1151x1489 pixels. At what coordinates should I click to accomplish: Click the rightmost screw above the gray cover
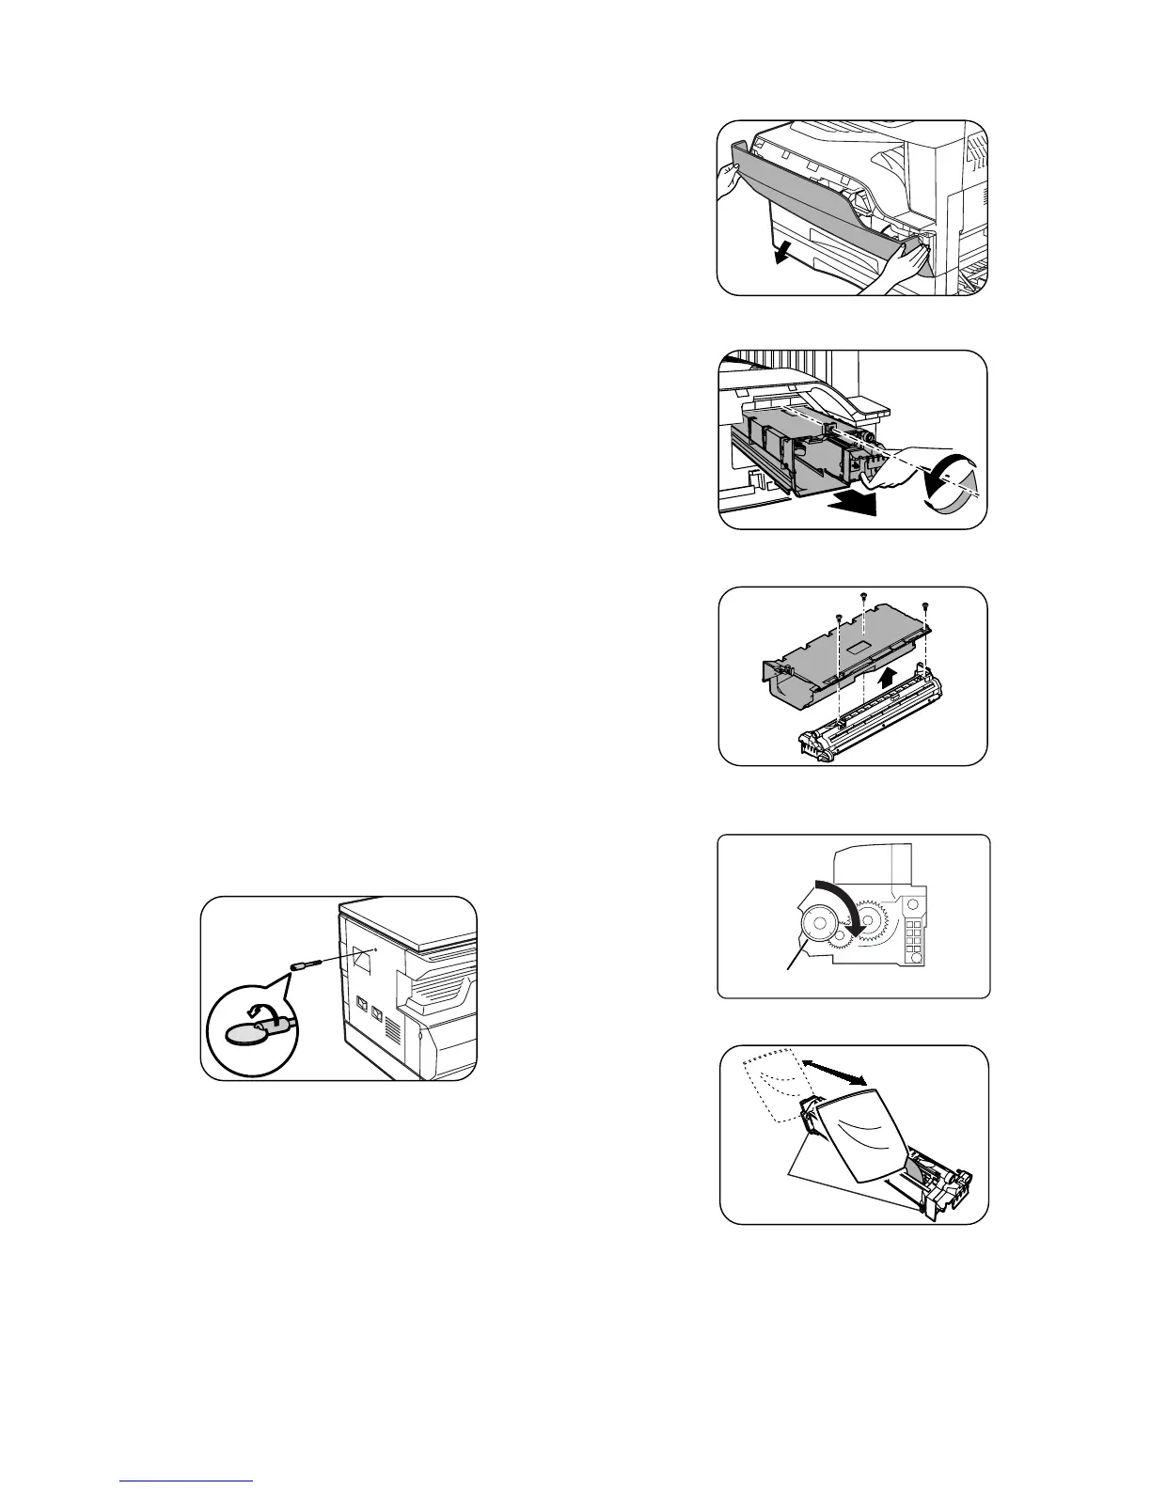[926, 605]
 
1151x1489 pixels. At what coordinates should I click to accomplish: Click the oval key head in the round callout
[244, 1032]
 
